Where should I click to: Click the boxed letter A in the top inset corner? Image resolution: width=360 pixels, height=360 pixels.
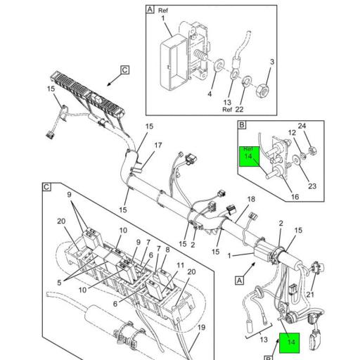150,10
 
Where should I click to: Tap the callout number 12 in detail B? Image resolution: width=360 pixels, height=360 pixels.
291,134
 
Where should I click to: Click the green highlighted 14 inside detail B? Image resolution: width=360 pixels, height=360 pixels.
247,158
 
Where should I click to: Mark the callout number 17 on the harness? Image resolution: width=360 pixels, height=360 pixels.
157,146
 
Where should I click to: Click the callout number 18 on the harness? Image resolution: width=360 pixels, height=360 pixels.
251,200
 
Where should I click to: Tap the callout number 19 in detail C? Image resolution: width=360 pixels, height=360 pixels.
201,328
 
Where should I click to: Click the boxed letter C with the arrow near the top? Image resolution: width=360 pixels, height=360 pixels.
125,70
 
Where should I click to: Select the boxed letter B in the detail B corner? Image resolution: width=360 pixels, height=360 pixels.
242,127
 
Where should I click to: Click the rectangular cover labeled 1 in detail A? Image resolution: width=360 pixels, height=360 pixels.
177,51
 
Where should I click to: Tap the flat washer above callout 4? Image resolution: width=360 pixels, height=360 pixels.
220,65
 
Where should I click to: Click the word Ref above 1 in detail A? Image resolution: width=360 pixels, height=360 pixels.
163,11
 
